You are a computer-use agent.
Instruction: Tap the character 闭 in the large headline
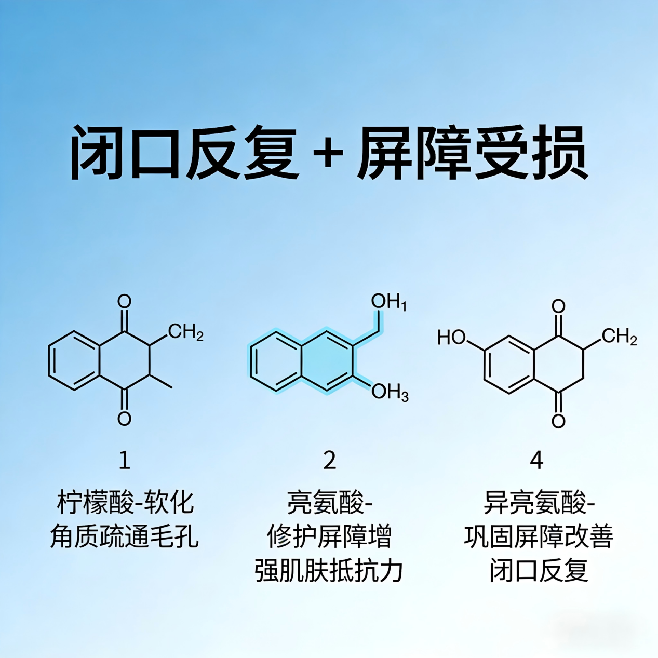[98, 153]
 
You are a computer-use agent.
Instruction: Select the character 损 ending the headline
[559, 153]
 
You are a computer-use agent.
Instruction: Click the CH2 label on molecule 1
[186, 332]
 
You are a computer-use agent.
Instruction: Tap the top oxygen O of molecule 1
[124, 302]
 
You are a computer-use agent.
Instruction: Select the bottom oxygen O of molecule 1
[124, 419]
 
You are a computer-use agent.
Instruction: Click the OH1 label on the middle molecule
[389, 302]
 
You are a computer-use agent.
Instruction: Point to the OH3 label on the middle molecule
[390, 392]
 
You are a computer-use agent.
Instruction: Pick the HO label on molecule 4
[452, 338]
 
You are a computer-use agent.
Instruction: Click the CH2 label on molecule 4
[620, 337]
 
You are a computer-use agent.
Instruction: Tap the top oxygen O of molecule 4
[558, 306]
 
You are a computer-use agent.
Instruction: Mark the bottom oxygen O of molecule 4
[558, 421]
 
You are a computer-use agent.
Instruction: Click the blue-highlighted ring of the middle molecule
[327, 361]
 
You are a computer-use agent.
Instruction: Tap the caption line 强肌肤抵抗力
[329, 571]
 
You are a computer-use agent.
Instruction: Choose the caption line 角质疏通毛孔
[124, 537]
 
